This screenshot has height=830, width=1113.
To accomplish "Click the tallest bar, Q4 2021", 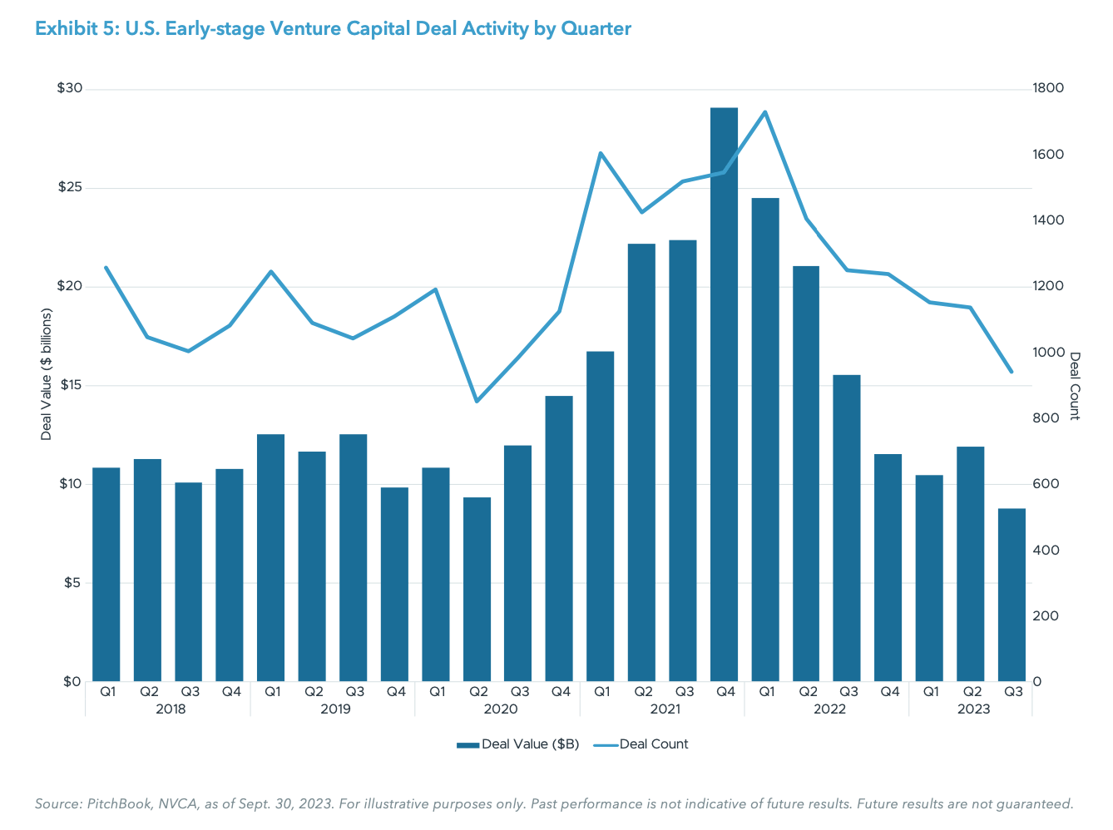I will pyautogui.click(x=724, y=395).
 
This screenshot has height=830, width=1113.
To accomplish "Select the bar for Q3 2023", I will pyautogui.click(x=1012, y=595).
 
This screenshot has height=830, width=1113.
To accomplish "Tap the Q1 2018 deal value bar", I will pyautogui.click(x=106, y=574).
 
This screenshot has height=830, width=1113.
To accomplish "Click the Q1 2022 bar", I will pyautogui.click(x=765, y=441).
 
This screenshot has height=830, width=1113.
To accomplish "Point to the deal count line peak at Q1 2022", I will pyautogui.click(x=765, y=111).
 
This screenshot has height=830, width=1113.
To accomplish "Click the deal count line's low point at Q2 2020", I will pyautogui.click(x=477, y=402).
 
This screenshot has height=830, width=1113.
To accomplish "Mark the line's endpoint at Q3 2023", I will pyautogui.click(x=1012, y=372).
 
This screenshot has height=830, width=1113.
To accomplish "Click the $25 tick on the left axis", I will pyautogui.click(x=69, y=187).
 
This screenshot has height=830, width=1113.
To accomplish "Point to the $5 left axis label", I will pyautogui.click(x=72, y=583).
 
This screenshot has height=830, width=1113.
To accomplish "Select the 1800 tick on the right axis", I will pyautogui.click(x=1048, y=88).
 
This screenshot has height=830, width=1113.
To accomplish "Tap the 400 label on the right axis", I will pyautogui.click(x=1046, y=551).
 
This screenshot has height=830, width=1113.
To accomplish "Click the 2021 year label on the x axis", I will pyautogui.click(x=665, y=709).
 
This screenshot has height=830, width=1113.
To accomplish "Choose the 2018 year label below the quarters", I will pyautogui.click(x=171, y=709).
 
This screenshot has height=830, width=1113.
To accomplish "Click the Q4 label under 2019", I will pyautogui.click(x=396, y=691).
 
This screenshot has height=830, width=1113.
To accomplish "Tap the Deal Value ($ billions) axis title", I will pyautogui.click(x=47, y=374).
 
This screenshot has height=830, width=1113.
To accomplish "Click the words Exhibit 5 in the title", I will pyautogui.click(x=76, y=29).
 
